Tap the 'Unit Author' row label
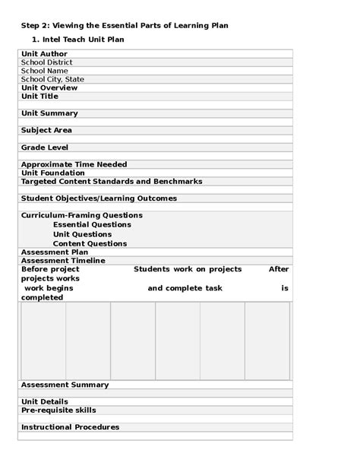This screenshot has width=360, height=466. [x=44, y=54]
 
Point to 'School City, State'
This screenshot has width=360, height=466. [x=52, y=79]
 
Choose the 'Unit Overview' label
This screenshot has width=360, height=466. [x=49, y=88]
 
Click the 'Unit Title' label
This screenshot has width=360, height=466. [x=39, y=97]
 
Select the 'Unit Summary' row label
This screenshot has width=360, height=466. [x=49, y=113]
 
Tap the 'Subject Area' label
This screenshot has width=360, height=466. [x=46, y=130]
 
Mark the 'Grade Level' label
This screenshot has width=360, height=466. [x=45, y=147]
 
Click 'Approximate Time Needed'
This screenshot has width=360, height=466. [x=74, y=164]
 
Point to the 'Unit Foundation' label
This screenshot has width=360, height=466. [x=53, y=173]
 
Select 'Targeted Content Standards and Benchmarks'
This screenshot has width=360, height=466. [x=112, y=182]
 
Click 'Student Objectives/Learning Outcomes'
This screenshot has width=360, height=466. [x=99, y=198]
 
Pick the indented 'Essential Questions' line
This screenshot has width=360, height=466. [x=92, y=225]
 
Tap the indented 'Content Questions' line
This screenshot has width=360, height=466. [x=90, y=244]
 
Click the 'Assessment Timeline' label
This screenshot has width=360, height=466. [x=62, y=261]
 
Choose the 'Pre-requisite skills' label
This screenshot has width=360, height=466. [x=58, y=411]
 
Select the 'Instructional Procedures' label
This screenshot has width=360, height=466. [x=70, y=427]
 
